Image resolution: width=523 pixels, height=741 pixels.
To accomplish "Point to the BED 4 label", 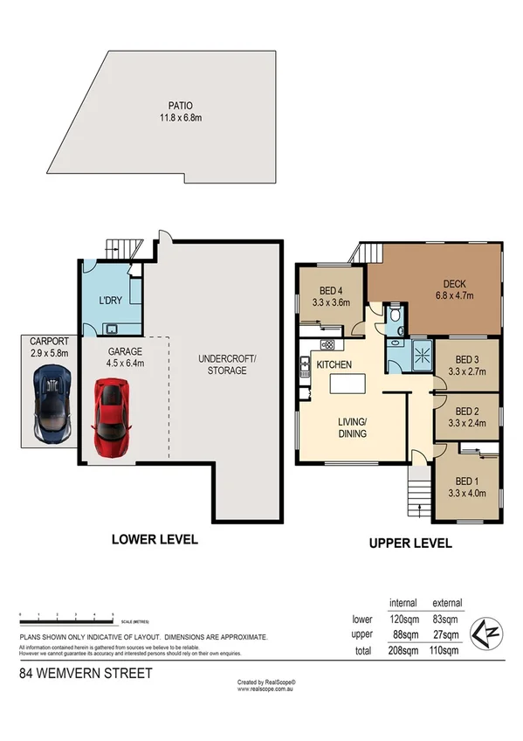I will pyautogui.click(x=331, y=291).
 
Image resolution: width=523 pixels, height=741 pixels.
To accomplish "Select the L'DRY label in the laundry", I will pyautogui.click(x=110, y=301).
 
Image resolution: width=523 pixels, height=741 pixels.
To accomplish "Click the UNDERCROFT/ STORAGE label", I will pyautogui.click(x=222, y=364).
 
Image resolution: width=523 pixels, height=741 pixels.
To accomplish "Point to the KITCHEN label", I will pyautogui.click(x=334, y=364).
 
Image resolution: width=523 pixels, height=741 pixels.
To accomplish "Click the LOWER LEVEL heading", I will pyautogui.click(x=155, y=539).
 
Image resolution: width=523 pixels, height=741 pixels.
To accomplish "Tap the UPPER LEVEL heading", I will pyautogui.click(x=410, y=543).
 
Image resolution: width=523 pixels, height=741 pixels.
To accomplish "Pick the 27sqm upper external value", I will pyautogui.click(x=446, y=634).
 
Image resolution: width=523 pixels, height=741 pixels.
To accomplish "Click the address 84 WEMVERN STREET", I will pyautogui.click(x=86, y=673).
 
